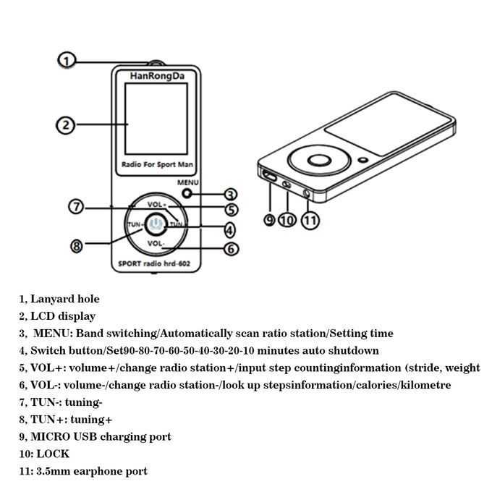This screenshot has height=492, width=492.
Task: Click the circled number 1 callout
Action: [67, 61]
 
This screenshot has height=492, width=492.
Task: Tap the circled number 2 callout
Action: [65, 124]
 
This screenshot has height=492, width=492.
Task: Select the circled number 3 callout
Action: [230, 194]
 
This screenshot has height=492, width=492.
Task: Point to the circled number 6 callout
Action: [230, 249]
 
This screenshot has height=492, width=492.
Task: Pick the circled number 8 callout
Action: [77, 246]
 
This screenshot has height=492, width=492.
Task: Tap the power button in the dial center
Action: [156, 224]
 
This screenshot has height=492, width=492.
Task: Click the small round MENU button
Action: [188, 193]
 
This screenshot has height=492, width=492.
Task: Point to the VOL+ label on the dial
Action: [156, 205]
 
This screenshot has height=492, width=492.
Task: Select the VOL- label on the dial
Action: [156, 244]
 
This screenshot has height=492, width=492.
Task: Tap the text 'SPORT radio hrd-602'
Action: [157, 264]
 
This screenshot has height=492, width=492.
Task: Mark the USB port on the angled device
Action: [269, 177]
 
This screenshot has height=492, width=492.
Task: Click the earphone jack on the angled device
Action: [311, 193]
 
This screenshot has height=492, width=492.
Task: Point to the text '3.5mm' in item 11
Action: [52, 471]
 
